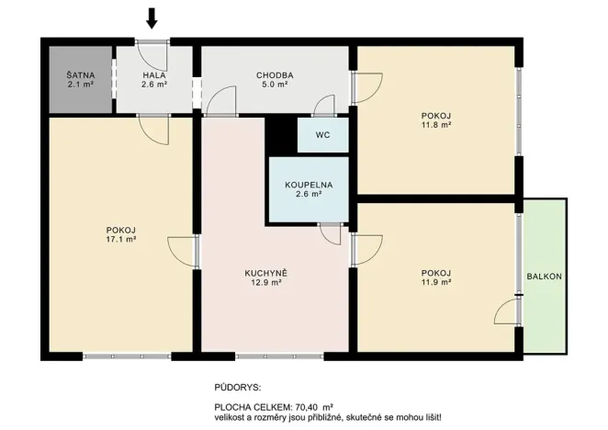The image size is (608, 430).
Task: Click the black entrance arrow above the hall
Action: click(x=152, y=17)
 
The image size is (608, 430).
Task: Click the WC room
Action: click(x=322, y=134)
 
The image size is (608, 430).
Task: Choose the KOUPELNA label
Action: click(x=308, y=185)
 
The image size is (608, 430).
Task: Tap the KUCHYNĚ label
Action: click(x=266, y=273)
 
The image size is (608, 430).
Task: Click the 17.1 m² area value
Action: click(x=120, y=238)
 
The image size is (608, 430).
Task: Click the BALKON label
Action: click(x=544, y=277)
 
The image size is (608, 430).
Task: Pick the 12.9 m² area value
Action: click(x=266, y=283)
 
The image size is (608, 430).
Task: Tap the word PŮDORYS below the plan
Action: click(x=237, y=389)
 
